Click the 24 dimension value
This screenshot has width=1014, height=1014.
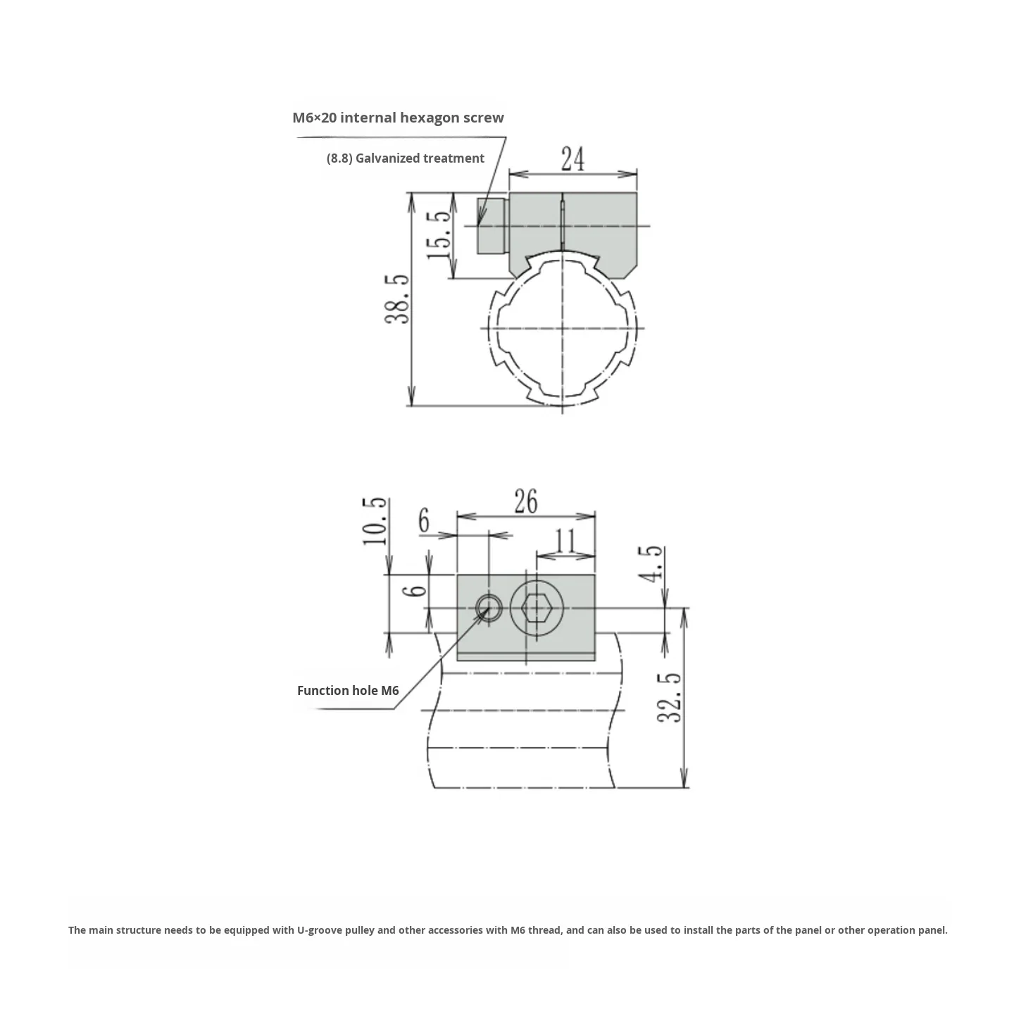pyautogui.click(x=572, y=159)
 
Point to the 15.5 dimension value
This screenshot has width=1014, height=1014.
pyautogui.click(x=439, y=234)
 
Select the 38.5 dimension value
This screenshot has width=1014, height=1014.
pyautogui.click(x=398, y=299)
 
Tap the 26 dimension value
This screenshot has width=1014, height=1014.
pyautogui.click(x=525, y=501)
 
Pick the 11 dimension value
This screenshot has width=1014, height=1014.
pyautogui.click(x=565, y=542)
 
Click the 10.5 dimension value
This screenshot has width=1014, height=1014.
pyautogui.click(x=375, y=521)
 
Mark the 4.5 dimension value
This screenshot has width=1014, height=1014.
pyautogui.click(x=651, y=563)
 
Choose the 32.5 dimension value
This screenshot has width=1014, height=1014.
pyautogui.click(x=670, y=698)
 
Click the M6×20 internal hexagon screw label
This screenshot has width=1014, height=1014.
pyautogui.click(x=398, y=118)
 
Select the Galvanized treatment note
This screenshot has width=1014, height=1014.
pyautogui.click(x=406, y=158)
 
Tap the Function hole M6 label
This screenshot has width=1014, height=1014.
pyautogui.click(x=348, y=691)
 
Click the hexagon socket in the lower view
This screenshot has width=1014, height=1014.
pyautogui.click(x=537, y=608)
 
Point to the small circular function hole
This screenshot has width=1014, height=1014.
pyautogui.click(x=488, y=607)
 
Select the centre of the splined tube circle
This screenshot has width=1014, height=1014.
pyautogui.click(x=563, y=328)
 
